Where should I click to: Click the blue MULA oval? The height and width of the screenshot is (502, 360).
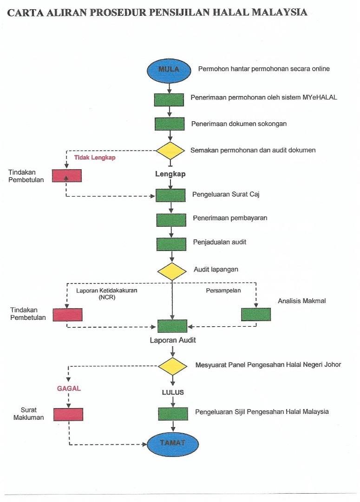click(169, 70)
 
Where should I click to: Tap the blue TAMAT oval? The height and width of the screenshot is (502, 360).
click(173, 443)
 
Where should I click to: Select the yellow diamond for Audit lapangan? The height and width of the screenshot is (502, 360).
click(172, 271)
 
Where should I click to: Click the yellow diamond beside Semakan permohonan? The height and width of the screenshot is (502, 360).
click(170, 151)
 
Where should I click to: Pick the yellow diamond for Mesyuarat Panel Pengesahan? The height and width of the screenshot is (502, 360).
click(172, 366)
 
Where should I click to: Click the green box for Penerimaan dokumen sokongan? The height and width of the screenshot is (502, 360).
click(170, 124)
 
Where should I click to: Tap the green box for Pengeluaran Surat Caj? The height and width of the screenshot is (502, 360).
click(170, 195)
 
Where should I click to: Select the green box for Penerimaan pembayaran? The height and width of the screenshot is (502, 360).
click(171, 220)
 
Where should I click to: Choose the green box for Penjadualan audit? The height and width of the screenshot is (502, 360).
click(171, 244)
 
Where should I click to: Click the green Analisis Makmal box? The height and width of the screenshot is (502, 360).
click(255, 314)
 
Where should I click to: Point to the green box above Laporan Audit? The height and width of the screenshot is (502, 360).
click(172, 326)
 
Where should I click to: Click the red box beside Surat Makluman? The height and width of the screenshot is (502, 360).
click(68, 414)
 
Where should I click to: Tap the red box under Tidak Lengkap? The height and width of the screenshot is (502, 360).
click(67, 176)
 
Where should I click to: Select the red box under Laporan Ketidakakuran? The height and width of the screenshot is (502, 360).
click(67, 315)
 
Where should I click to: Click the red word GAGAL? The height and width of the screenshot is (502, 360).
click(69, 388)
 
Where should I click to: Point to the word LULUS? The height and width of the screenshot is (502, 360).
click(173, 392)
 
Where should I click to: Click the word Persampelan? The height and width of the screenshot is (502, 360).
click(223, 291)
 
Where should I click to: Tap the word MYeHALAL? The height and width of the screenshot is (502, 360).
click(320, 97)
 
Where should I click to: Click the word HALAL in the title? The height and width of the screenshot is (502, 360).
click(231, 12)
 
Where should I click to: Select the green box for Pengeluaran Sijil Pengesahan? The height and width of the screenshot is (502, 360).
click(173, 414)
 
